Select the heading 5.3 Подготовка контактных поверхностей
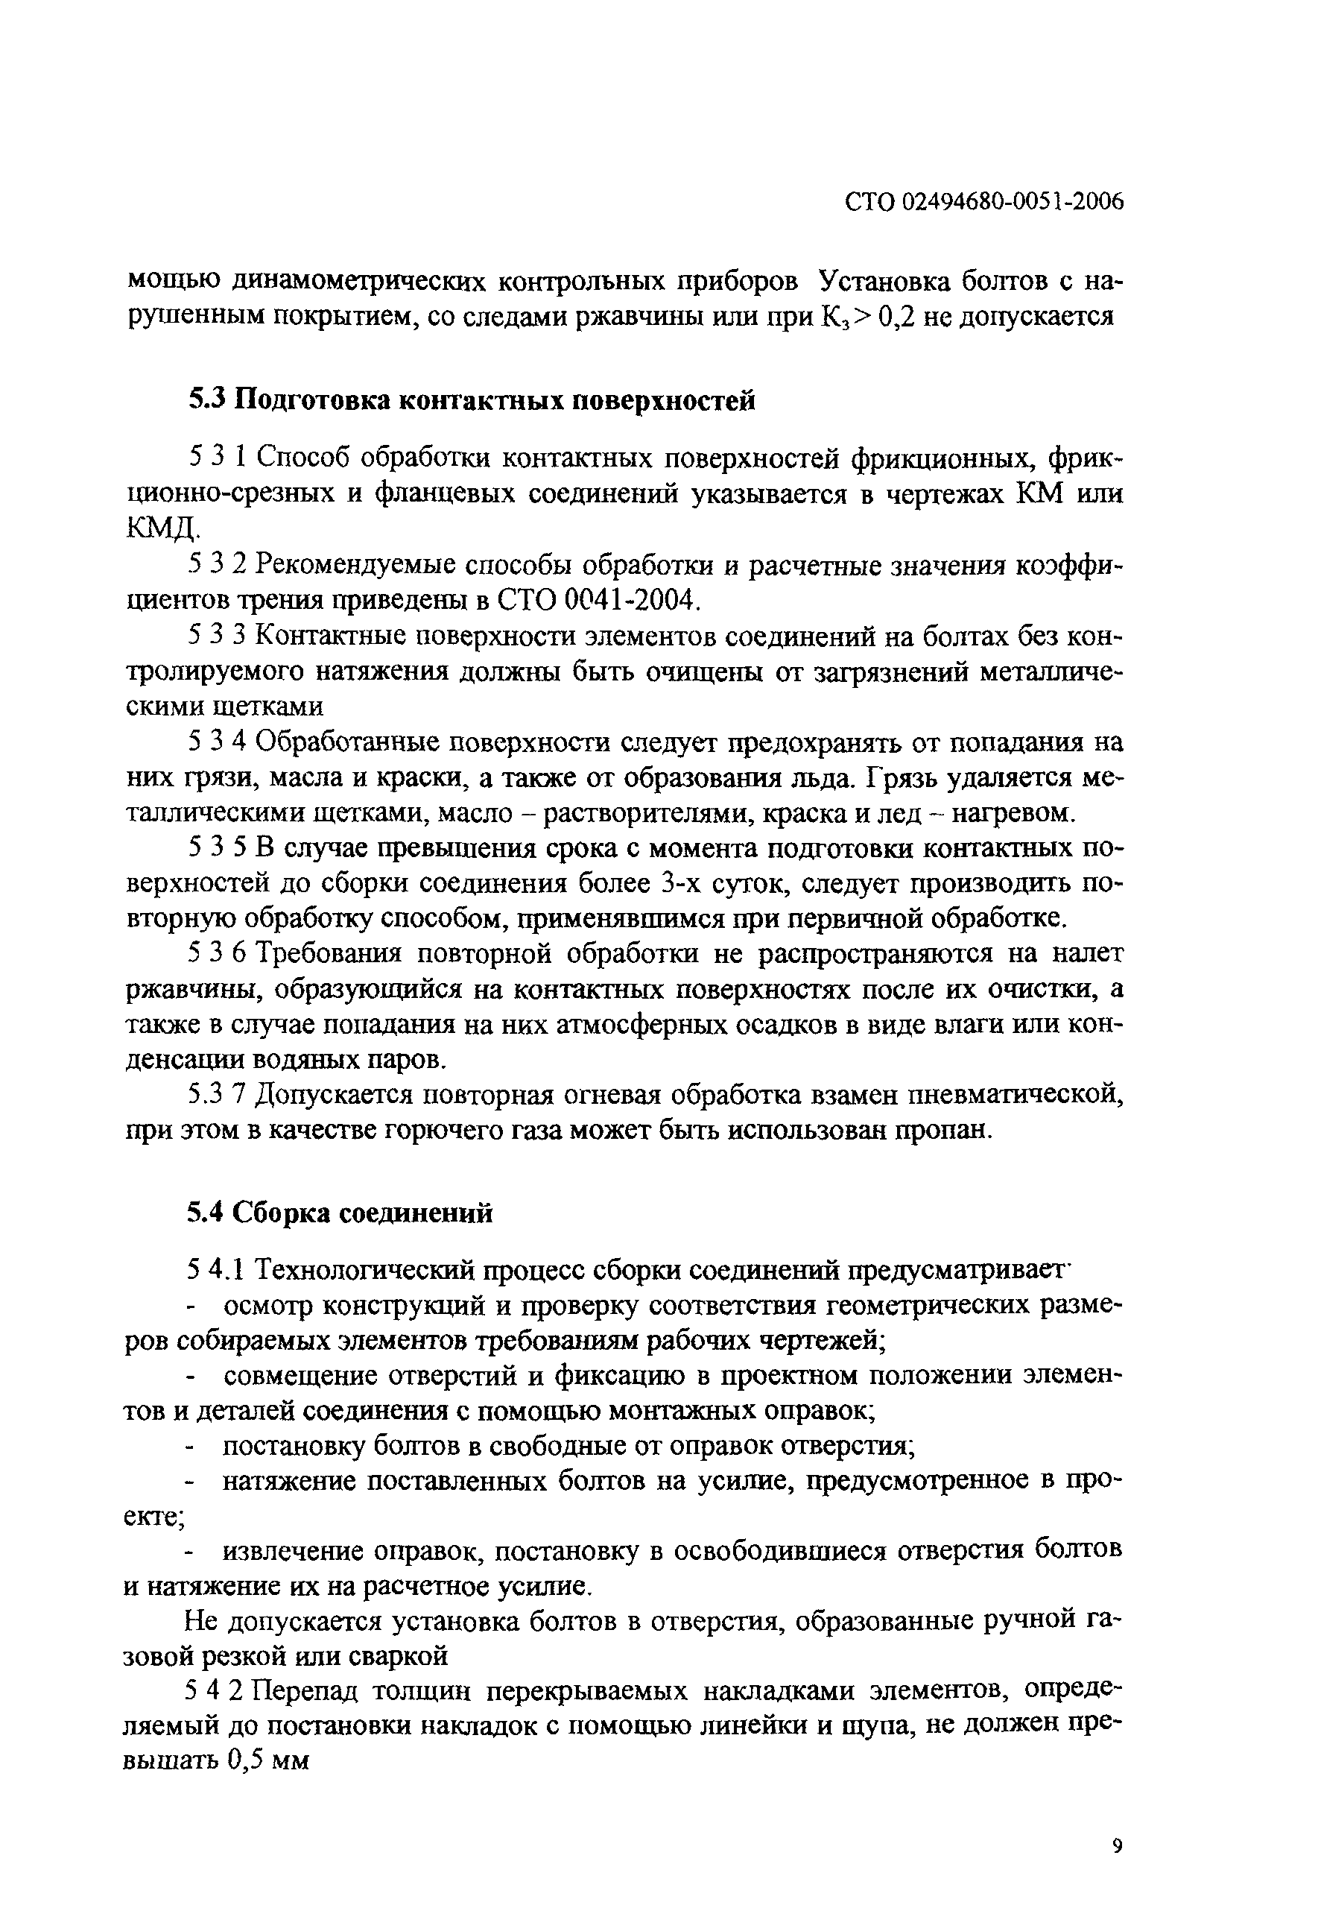click(472, 401)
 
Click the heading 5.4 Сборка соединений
click(340, 1212)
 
